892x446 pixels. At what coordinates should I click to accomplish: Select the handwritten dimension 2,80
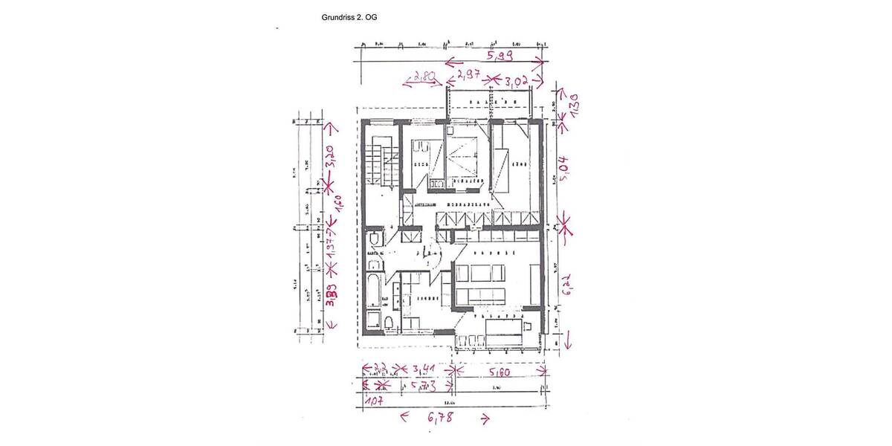coord(424,77)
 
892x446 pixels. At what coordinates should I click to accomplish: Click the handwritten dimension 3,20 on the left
coord(331,157)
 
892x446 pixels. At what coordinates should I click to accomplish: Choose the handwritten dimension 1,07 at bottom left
coord(375,401)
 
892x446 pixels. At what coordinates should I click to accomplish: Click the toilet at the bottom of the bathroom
coord(387,321)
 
